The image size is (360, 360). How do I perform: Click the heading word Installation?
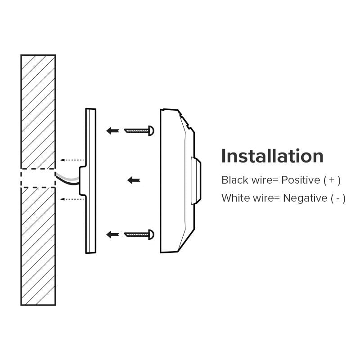point(272,156)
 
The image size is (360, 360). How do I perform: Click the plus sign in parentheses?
point(332,180)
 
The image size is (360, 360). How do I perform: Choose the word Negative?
point(305,198)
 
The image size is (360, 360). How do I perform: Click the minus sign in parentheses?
point(338,199)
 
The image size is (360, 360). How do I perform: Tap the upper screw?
point(139,130)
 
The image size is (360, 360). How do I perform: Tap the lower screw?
point(139,234)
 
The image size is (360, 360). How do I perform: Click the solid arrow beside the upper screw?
point(112,130)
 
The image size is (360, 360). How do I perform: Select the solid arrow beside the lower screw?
point(112,234)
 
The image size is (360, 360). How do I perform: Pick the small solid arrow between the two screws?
point(134,180)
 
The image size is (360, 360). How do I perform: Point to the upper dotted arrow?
point(72,160)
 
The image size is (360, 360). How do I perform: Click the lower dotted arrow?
point(72,199)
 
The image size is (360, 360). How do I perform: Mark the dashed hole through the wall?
point(38,178)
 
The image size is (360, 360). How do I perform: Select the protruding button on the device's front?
point(196,181)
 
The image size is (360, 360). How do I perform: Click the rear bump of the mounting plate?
point(82,181)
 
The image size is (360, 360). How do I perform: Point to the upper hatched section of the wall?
point(38,112)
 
